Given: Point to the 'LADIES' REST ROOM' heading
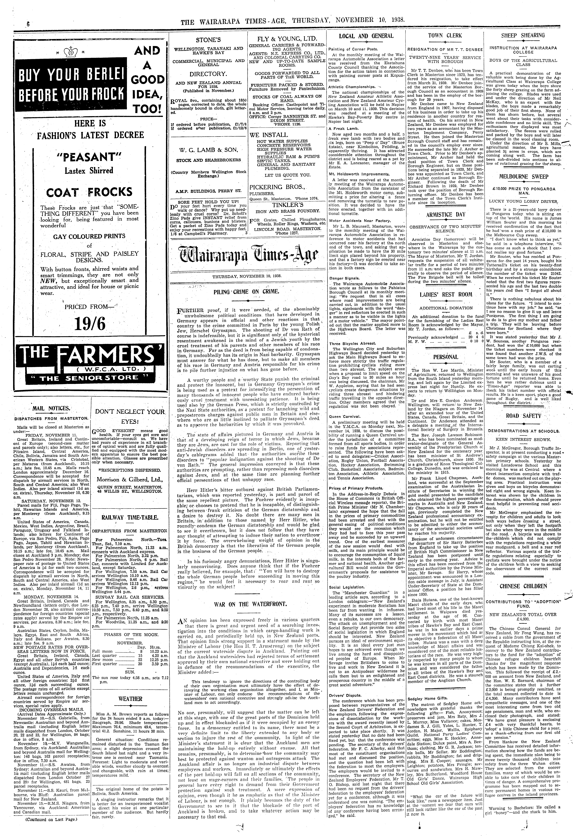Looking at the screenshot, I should tap(446, 295).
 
